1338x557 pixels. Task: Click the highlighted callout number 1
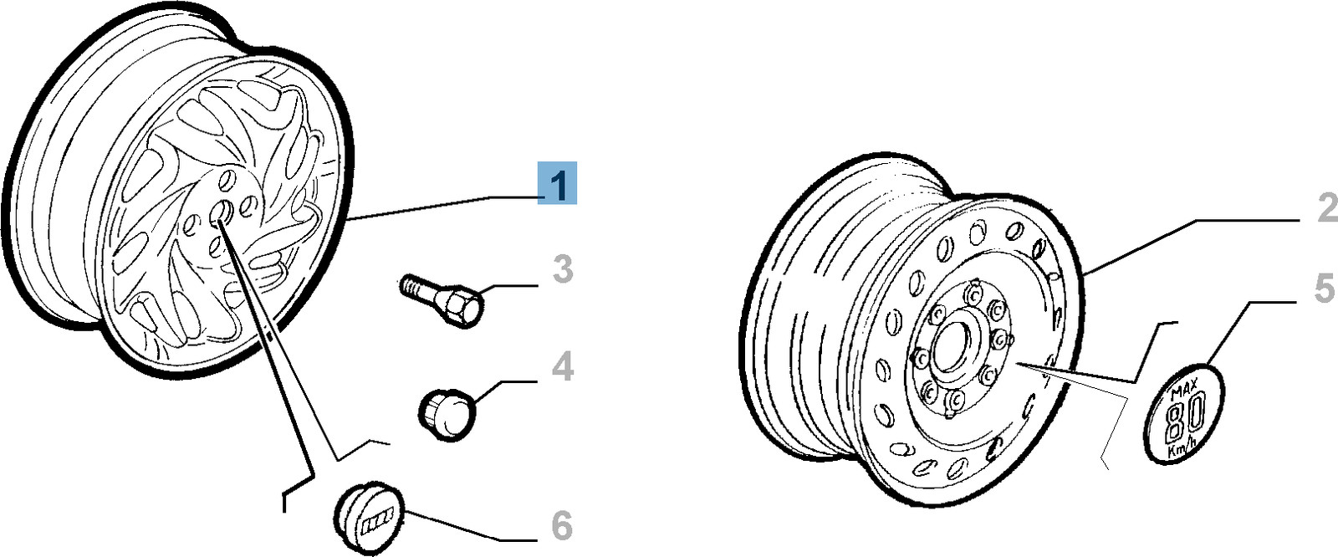tap(557, 183)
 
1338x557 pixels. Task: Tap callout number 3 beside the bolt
tap(564, 269)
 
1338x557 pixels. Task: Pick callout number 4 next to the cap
tap(563, 366)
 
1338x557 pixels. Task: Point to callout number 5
tap(1325, 289)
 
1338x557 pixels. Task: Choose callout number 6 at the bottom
tap(560, 525)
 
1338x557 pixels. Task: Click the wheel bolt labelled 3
tap(442, 300)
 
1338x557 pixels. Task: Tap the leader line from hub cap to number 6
tap(452, 527)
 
